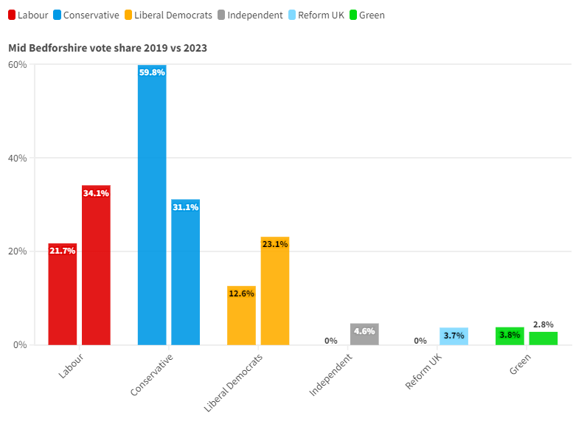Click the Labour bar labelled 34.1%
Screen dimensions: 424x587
[96, 265]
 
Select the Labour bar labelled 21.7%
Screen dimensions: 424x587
[63, 295]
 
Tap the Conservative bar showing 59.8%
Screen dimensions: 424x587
[152, 206]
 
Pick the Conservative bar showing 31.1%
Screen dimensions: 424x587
[185, 273]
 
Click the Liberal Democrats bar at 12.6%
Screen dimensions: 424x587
[241, 316]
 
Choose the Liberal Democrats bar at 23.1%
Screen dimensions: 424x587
[274, 291]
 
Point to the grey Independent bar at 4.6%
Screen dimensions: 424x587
[364, 334]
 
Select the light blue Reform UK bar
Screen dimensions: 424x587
[454, 336]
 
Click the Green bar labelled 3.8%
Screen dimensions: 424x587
[510, 336]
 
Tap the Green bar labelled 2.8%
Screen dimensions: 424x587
[543, 338]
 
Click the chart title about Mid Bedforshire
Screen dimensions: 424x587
[108, 48]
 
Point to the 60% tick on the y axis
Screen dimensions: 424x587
[18, 65]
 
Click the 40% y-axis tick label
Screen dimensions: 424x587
[18, 158]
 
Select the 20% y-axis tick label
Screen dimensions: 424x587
[18, 251]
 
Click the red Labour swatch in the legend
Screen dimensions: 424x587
[12, 15]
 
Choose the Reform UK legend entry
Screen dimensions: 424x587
[316, 15]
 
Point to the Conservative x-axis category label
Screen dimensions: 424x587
[151, 375]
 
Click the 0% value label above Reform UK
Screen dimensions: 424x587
[420, 341]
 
